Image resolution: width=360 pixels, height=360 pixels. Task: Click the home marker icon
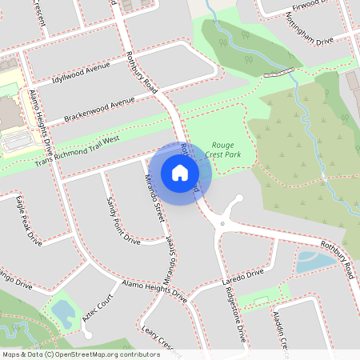[180, 173]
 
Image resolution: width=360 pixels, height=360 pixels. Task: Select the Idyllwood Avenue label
[79, 73]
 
